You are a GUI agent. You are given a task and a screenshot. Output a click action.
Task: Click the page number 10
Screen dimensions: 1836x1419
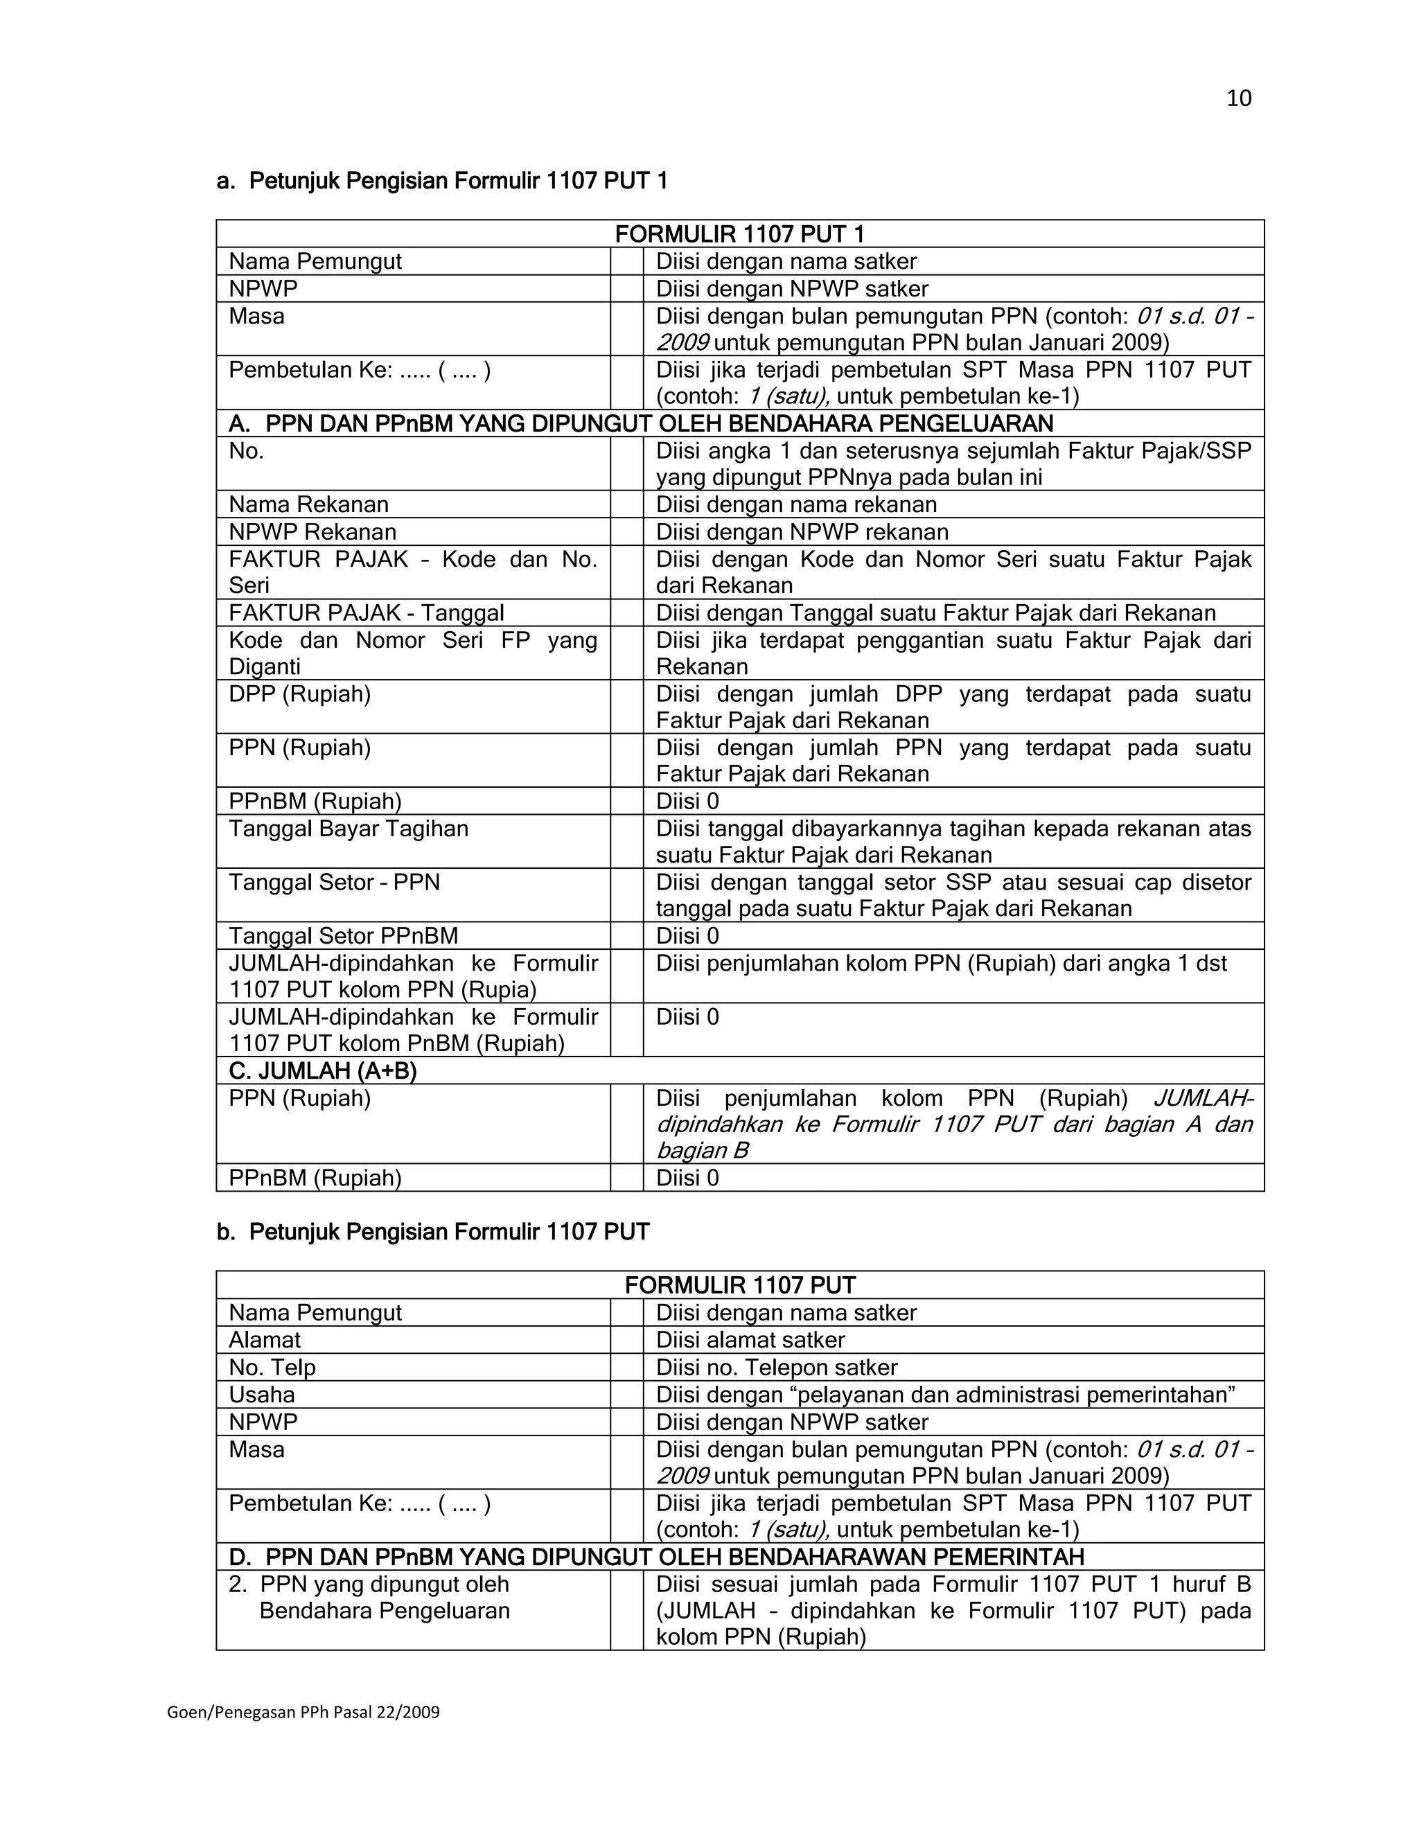pos(1238,98)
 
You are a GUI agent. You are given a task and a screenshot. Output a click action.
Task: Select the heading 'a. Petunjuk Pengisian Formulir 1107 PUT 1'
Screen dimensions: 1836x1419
pos(442,181)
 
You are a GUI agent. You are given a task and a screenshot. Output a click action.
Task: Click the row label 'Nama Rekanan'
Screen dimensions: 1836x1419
pos(308,504)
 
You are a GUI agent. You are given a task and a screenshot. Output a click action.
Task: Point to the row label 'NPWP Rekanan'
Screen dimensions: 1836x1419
pos(312,531)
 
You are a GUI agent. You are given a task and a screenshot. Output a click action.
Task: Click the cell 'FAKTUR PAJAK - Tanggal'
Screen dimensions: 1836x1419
pos(367,613)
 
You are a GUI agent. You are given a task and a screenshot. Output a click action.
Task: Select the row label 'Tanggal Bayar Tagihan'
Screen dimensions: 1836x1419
pos(348,829)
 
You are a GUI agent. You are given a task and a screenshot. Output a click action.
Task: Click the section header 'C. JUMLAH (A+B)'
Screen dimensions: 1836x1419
pos(323,1070)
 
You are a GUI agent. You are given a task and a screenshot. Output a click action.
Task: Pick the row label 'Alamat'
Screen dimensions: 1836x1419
pos(264,1340)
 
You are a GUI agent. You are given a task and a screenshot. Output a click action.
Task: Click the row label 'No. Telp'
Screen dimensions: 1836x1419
pos(272,1367)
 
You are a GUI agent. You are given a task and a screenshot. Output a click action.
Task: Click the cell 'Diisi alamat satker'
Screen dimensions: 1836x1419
pos(750,1340)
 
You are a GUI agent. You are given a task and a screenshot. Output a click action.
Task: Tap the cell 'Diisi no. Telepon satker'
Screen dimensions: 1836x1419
pos(776,1367)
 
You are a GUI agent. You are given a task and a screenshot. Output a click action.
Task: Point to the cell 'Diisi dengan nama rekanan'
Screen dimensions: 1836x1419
pos(795,504)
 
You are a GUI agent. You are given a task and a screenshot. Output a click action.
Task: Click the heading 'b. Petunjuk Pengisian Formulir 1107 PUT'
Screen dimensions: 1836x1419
pos(433,1232)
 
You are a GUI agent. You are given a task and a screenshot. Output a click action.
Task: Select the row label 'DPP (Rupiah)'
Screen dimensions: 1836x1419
pos(299,694)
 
